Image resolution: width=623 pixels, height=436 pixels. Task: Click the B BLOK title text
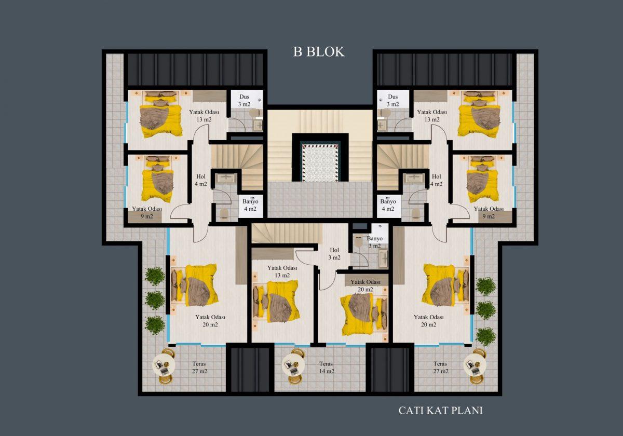coord(319,52)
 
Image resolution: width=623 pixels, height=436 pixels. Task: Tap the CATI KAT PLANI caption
coord(440,411)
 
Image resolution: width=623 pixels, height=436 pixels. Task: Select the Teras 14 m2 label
coord(326,367)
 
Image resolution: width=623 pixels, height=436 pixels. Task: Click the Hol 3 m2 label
coord(334,254)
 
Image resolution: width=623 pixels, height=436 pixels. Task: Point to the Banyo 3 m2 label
coord(374,242)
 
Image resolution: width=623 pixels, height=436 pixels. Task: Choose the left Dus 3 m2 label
coord(244,100)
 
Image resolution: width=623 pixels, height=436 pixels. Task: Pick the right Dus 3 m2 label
coord(392,100)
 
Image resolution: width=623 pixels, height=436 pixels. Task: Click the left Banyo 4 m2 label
coord(250,205)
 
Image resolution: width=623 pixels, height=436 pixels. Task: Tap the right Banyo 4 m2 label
coord(388,205)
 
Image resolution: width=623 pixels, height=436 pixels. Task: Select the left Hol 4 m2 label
coord(201,180)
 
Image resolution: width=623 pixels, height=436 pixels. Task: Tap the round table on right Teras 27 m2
coord(475,365)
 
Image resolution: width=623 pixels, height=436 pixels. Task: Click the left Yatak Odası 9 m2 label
coord(147,212)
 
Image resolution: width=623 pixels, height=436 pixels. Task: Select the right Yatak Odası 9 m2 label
coord(489,212)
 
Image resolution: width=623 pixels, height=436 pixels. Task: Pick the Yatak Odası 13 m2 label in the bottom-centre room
coord(282,271)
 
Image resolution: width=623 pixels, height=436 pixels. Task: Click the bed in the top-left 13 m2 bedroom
coord(160,114)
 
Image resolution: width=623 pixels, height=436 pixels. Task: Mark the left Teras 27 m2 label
coord(199,367)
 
